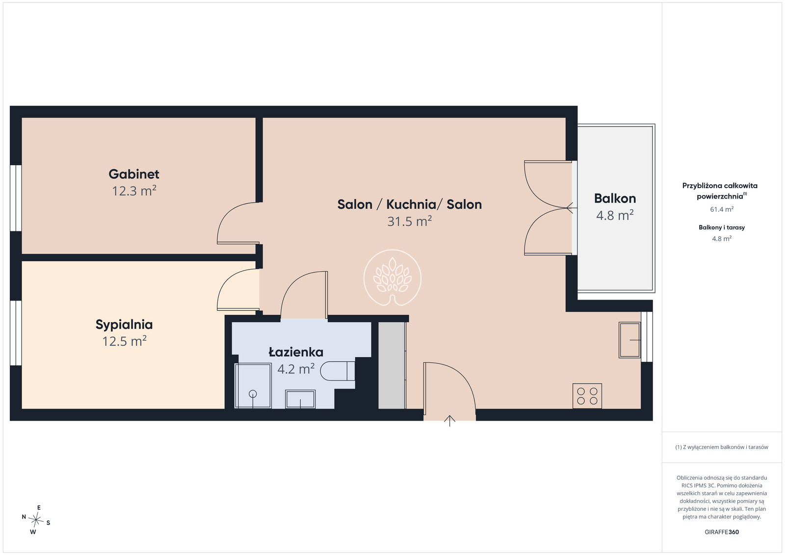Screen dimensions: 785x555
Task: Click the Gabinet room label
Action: click(x=134, y=174)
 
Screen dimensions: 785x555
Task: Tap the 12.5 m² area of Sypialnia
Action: click(x=125, y=341)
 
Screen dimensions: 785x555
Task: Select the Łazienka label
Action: click(x=296, y=352)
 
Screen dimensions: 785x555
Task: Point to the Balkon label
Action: click(x=615, y=199)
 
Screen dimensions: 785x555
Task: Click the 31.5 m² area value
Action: click(x=409, y=221)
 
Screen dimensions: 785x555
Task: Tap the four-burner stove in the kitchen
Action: click(x=587, y=396)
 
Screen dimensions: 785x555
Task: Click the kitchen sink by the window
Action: click(x=630, y=340)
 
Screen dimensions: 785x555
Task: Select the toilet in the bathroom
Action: click(x=338, y=371)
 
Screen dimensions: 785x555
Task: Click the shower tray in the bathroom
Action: click(x=253, y=386)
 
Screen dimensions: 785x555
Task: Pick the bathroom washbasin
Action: click(x=300, y=399)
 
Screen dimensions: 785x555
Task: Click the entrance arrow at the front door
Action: click(x=449, y=421)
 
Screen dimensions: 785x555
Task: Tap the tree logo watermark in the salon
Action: click(x=392, y=278)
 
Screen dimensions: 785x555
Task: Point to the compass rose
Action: click(x=36, y=520)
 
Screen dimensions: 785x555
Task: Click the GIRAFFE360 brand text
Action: click(x=722, y=532)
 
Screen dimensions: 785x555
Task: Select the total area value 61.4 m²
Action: click(x=722, y=209)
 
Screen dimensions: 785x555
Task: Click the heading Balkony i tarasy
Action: click(x=722, y=227)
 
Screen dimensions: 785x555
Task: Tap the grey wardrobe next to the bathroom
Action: click(x=392, y=365)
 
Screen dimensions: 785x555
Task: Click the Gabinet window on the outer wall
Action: click(x=16, y=198)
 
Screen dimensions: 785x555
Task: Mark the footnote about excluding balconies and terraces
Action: click(x=722, y=447)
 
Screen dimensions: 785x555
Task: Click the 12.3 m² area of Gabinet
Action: click(x=134, y=191)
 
